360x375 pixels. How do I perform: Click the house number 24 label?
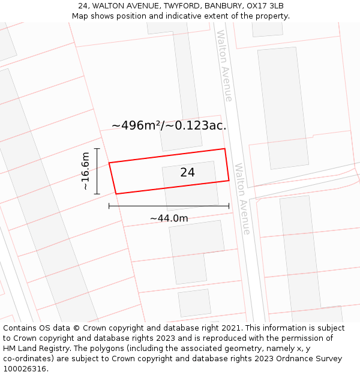pos(187,173)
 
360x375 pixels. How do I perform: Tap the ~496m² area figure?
pos(137,125)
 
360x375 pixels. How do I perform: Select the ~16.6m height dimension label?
pos(85,171)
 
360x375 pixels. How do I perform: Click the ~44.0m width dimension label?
pos(169,218)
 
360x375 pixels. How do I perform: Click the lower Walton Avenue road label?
pos(242,198)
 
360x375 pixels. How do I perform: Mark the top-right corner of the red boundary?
pos(224,149)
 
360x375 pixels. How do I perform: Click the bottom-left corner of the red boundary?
pos(116,194)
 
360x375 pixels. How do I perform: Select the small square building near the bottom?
pos(194,303)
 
